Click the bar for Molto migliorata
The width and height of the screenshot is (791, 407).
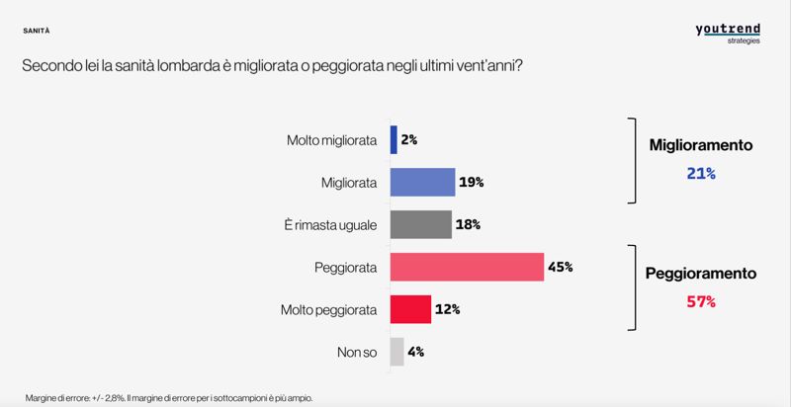tap(394, 140)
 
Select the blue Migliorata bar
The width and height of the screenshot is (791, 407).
tap(422, 183)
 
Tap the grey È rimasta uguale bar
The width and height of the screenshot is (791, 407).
tap(420, 225)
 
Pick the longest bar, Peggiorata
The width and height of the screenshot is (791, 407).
tap(467, 268)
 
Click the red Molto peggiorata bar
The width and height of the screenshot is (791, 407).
tap(410, 309)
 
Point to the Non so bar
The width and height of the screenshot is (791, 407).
tap(396, 352)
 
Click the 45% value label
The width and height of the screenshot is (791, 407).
tap(562, 268)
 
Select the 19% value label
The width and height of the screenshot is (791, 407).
tap(472, 183)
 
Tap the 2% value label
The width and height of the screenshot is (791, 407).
tap(409, 140)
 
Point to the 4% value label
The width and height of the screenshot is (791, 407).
tap(416, 352)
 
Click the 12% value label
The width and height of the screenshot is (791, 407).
tap(448, 309)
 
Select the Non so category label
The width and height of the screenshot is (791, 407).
tap(357, 353)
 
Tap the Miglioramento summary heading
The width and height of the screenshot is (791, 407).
tap(701, 145)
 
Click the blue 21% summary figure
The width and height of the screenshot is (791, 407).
tap(700, 173)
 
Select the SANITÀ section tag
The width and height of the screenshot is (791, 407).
tap(37, 31)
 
